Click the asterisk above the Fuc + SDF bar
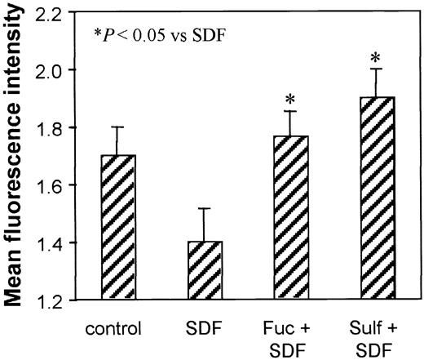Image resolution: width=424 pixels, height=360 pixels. point(289,100)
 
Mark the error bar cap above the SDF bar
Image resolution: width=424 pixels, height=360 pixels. point(195,209)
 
